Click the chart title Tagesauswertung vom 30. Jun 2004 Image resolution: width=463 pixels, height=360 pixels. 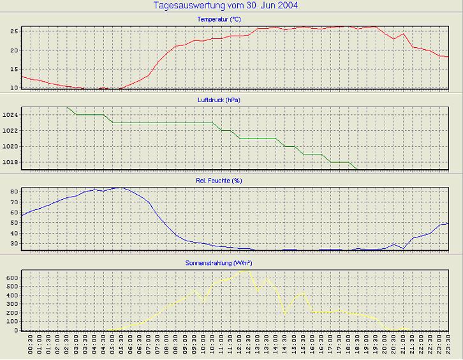[226, 6]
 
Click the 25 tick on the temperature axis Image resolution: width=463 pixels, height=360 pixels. [13, 31]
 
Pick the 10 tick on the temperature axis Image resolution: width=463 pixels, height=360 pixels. [13, 87]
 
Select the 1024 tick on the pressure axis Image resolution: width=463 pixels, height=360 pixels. [10, 115]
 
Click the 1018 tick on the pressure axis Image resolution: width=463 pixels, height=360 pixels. [10, 162]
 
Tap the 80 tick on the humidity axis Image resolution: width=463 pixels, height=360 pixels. [13, 191]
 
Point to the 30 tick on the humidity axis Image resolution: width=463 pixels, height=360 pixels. [13, 243]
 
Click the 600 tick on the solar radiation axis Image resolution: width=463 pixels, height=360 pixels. [11, 278]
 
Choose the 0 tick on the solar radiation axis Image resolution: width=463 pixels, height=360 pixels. [15, 330]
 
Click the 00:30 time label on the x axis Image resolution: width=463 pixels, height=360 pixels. [31, 345]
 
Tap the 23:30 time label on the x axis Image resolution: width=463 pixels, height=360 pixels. [449, 345]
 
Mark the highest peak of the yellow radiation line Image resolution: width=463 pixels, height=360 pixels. [246, 270]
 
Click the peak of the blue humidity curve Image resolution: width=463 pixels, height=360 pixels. [119, 188]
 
